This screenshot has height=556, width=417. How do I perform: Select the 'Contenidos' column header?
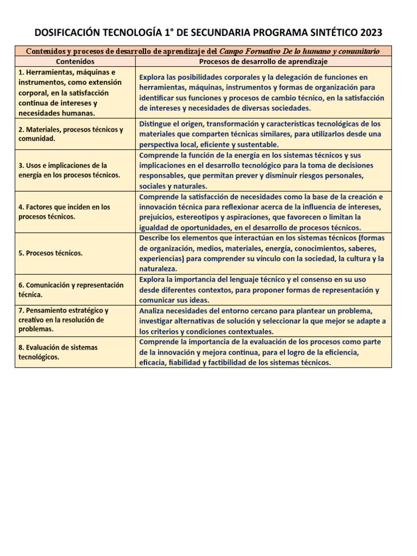point(75,62)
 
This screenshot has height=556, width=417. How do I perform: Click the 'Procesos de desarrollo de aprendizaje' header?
point(264,62)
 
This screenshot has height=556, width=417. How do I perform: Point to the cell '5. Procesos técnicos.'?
point(50,253)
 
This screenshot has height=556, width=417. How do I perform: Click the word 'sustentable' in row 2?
point(257,144)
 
